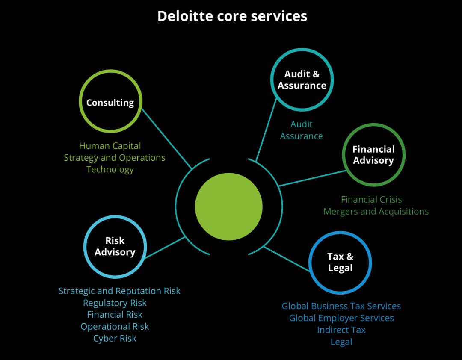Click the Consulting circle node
110,102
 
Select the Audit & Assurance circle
302,80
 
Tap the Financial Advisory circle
373,155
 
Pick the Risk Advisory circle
115,246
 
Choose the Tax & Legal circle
340,263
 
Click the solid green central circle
228,207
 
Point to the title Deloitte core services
232,16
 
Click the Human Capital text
110,146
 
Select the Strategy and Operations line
115,157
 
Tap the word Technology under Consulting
110,169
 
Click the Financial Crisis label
371,199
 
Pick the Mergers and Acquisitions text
376,211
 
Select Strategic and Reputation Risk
119,291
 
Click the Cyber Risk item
115,338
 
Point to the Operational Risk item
115,326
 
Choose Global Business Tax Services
341,306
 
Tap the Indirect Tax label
341,330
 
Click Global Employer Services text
341,318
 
